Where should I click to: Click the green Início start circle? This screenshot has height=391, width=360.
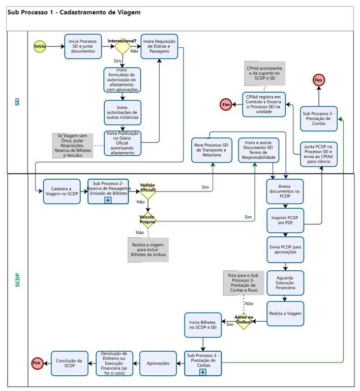tap(40, 46)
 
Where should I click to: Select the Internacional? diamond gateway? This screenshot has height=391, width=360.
tap(123, 47)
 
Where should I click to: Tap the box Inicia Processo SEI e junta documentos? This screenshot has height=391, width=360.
tap(82, 46)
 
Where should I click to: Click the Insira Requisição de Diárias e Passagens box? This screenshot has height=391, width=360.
tap(160, 46)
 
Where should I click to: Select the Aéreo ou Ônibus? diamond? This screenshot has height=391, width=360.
tap(243, 321)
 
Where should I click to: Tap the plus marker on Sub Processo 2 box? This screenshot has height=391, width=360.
tap(107, 201)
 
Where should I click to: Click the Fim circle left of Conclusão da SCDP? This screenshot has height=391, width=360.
tap(36, 363)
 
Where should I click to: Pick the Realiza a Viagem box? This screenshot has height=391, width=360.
tap(285, 314)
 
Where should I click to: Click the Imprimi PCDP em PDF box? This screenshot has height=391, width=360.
tap(285, 220)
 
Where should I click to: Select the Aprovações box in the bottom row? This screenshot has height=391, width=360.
tap(158, 363)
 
